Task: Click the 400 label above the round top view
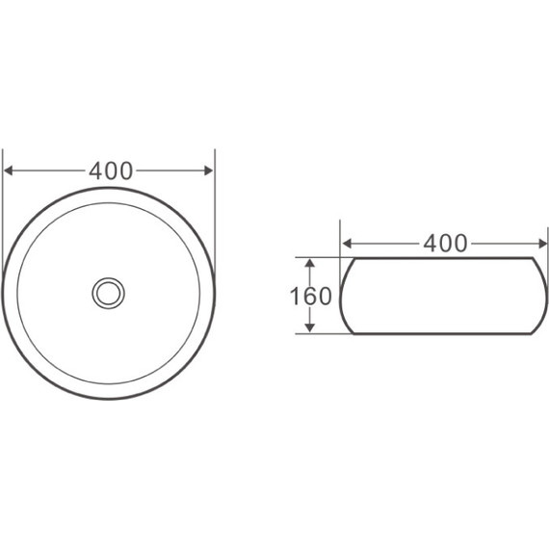pyautogui.click(x=111, y=170)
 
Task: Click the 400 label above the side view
pyautogui.click(x=445, y=244)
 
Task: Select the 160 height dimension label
pyautogui.click(x=310, y=296)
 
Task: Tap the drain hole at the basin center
pyautogui.click(x=109, y=293)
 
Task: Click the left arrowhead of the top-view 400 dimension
pyautogui.click(x=8, y=170)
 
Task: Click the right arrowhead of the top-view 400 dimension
pyautogui.click(x=209, y=170)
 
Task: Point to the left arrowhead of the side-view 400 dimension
pyautogui.click(x=347, y=244)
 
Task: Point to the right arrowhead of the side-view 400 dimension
pyautogui.click(x=542, y=244)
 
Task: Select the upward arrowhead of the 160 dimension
pyautogui.click(x=309, y=263)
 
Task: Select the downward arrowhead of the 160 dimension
pyautogui.click(x=309, y=327)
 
